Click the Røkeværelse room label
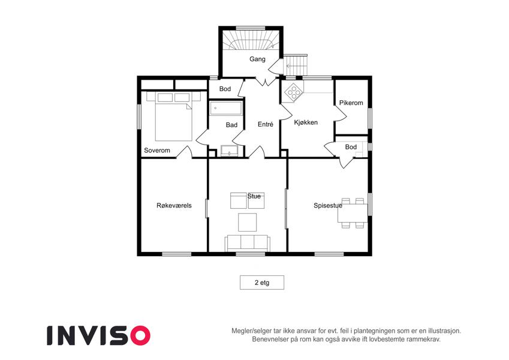point(174,205)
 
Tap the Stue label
point(254,196)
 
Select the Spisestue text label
point(328,206)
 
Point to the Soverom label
point(157,151)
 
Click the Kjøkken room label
point(306,122)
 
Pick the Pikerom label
point(351,103)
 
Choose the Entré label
point(266,124)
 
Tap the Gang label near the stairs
point(257,59)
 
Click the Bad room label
point(232,125)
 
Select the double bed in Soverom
point(174,116)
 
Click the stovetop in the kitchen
point(293,92)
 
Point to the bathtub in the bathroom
point(226,108)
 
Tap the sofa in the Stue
point(248,243)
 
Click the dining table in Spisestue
point(353,213)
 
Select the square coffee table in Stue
point(248,222)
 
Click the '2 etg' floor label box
point(262,283)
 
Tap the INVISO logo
point(99,335)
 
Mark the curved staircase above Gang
point(251,40)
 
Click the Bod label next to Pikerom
point(351,147)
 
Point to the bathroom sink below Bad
point(229,151)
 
